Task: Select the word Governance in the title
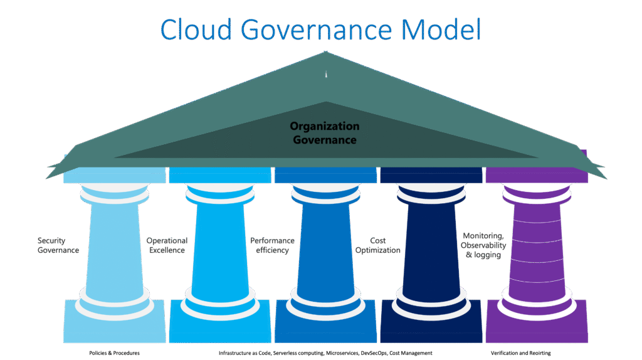pyautogui.click(x=320, y=29)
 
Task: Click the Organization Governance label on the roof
pyautogui.click(x=324, y=133)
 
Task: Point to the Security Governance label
pyautogui.click(x=58, y=245)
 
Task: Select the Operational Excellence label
pyautogui.click(x=166, y=245)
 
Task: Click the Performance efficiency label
pyautogui.click(x=271, y=245)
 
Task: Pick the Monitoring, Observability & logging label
pyautogui.click(x=483, y=246)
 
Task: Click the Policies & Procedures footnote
pyautogui.click(x=114, y=353)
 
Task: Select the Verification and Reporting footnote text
pyautogui.click(x=520, y=353)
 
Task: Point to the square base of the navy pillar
pyautogui.click(x=431, y=326)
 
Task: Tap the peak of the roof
pyautogui.click(x=325, y=55)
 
